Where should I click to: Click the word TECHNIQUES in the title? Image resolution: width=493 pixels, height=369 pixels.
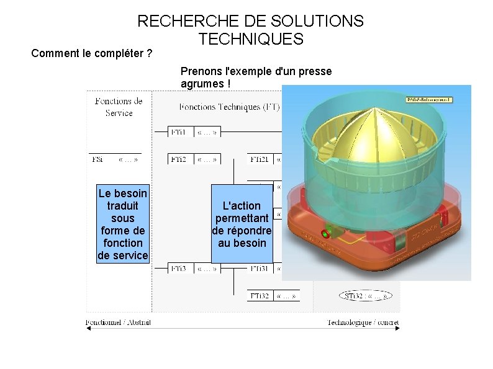(x=251, y=40)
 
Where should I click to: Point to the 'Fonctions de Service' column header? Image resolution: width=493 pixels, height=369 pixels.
(x=119, y=107)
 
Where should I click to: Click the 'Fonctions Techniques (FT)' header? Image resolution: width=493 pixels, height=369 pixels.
(x=229, y=107)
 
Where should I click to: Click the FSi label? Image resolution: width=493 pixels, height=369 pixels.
(x=97, y=159)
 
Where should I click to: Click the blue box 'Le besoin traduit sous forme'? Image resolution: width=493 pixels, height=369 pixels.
(x=123, y=224)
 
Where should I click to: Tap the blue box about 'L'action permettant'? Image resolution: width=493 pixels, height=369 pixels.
(x=242, y=224)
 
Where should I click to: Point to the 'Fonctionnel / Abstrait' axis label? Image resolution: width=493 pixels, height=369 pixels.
(x=119, y=322)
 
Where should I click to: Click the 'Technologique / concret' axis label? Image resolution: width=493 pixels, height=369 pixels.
(x=363, y=322)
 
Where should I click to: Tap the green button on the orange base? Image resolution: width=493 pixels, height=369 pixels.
(x=323, y=235)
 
